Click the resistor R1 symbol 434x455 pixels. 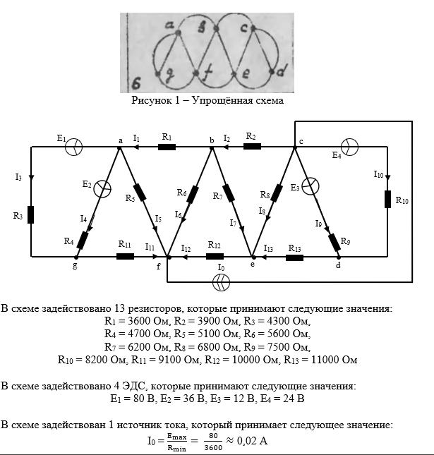point(167,147)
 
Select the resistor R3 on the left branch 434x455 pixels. point(31,215)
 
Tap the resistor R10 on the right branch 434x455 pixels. point(387,199)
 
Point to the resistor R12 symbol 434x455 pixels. point(215,256)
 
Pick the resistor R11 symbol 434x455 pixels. point(125,256)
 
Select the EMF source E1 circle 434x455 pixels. point(75,146)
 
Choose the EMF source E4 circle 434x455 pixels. point(350,146)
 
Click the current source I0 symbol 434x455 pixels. point(222,281)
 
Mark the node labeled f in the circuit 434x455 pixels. point(167,256)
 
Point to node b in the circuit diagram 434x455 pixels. point(212,147)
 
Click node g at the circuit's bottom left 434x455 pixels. point(75,256)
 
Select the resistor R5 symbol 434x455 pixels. point(139,192)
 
